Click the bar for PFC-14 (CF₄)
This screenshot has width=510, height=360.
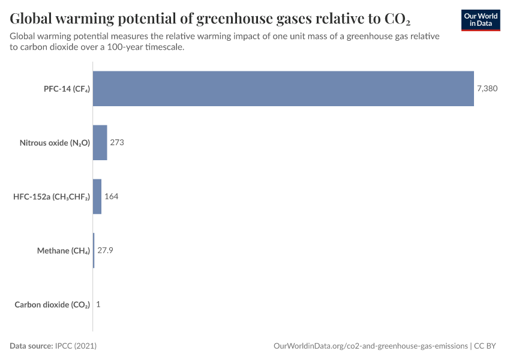(283, 89)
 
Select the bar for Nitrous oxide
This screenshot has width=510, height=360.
(100, 143)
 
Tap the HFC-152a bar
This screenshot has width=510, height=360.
(97, 197)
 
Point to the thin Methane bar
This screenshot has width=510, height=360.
(94, 251)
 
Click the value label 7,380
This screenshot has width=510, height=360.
(487, 89)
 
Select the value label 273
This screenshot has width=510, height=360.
(117, 143)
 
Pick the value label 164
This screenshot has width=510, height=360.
(112, 197)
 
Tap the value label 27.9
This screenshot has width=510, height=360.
(106, 251)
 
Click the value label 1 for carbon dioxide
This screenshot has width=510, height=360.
(98, 305)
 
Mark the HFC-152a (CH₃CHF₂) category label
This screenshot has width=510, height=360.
(52, 197)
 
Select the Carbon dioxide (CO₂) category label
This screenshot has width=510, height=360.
(52, 305)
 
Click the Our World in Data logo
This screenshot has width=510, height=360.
(481, 20)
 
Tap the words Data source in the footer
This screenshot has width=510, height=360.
(31, 346)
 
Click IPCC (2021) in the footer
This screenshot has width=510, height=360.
(76, 346)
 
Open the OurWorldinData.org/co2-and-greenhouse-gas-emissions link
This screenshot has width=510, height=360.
(370, 346)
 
